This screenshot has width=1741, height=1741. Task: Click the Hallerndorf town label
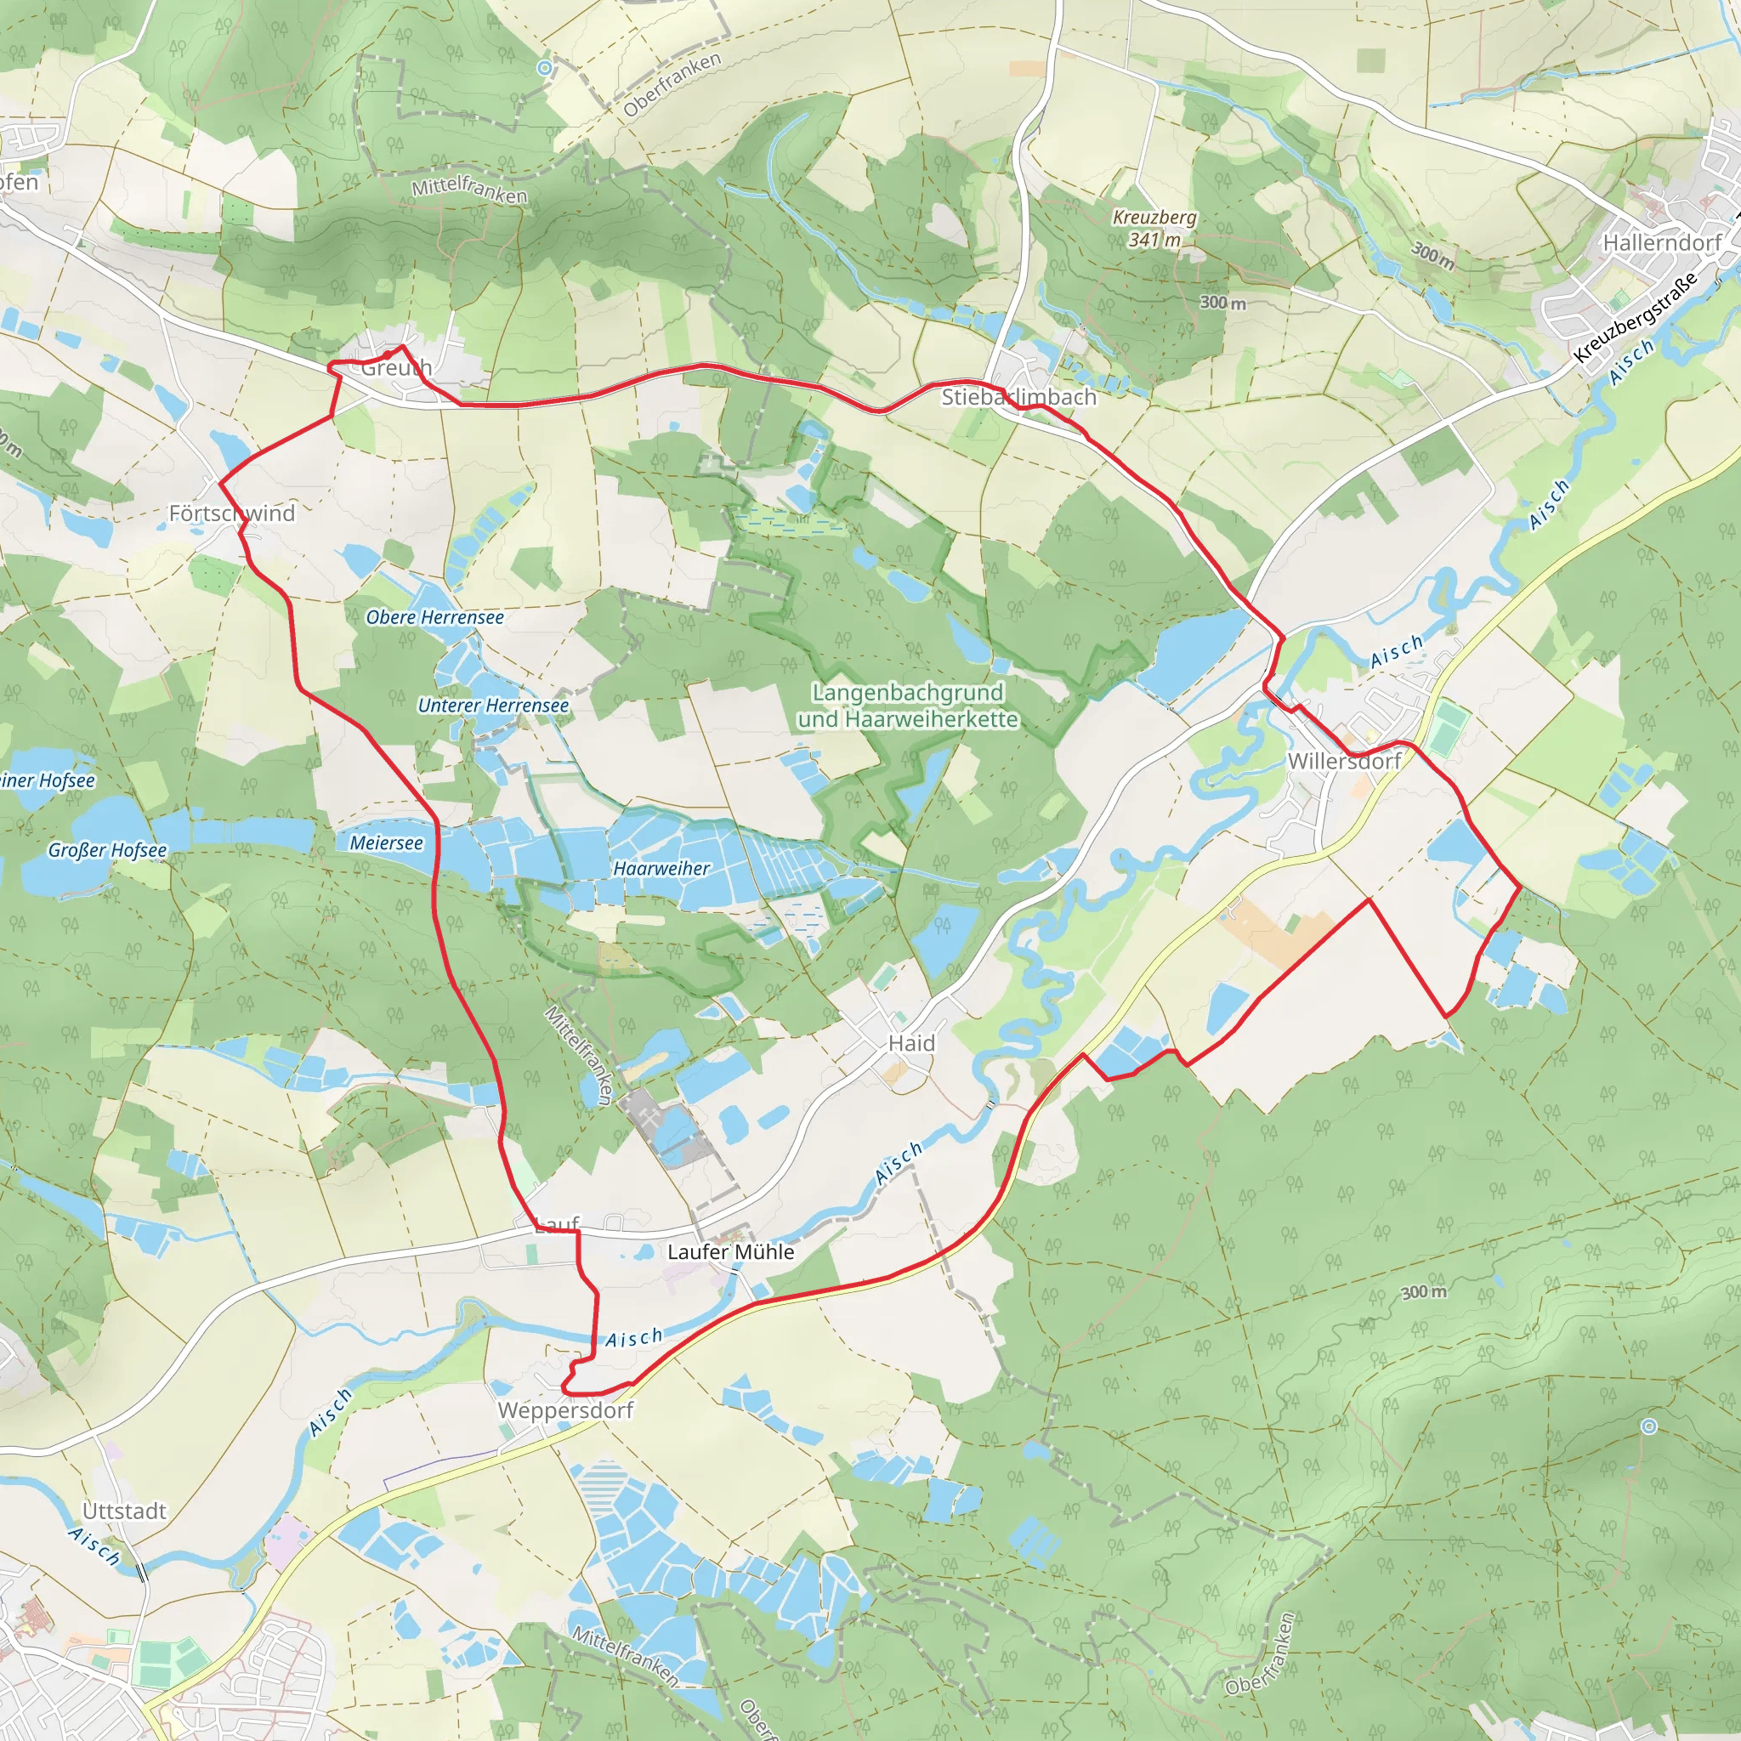(x=1661, y=242)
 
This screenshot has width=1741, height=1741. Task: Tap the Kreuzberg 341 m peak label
(x=1154, y=229)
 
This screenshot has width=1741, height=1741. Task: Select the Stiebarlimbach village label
(x=1018, y=397)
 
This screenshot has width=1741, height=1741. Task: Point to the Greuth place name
(x=396, y=367)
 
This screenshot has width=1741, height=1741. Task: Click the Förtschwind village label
(x=231, y=513)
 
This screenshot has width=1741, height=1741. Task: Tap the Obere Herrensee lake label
(x=434, y=617)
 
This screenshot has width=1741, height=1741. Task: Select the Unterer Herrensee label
(x=493, y=706)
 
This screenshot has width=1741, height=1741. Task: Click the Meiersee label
(x=386, y=842)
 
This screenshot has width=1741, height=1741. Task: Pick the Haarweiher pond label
(x=661, y=868)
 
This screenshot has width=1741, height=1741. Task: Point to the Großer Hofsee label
(x=107, y=850)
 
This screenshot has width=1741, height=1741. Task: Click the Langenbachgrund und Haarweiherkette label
(x=907, y=706)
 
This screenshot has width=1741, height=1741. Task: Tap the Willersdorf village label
(x=1344, y=762)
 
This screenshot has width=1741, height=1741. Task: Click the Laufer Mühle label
(x=731, y=1251)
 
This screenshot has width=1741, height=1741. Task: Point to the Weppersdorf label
(x=566, y=1410)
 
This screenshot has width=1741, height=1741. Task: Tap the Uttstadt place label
(x=124, y=1511)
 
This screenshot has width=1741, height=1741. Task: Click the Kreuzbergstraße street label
(x=1635, y=317)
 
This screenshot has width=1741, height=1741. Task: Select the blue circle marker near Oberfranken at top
(x=544, y=69)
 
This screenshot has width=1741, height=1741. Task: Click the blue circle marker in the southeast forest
(x=1648, y=1426)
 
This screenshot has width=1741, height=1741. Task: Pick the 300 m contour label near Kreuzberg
(x=1222, y=303)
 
